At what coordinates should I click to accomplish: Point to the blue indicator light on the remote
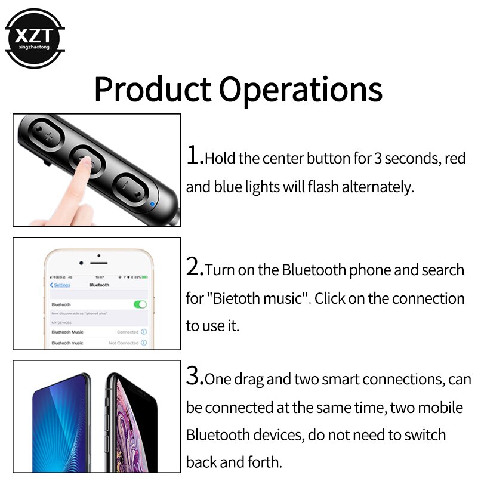(x=153, y=204)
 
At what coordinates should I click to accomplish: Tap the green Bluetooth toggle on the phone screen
(x=140, y=304)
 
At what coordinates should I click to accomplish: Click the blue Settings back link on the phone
(x=60, y=285)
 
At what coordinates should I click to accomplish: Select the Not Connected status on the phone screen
(x=124, y=343)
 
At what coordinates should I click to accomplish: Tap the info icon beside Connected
(x=144, y=332)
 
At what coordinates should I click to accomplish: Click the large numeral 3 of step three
(x=195, y=376)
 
